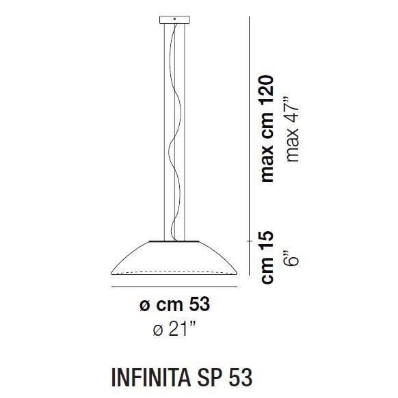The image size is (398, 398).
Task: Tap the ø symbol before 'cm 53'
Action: [x=144, y=306]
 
